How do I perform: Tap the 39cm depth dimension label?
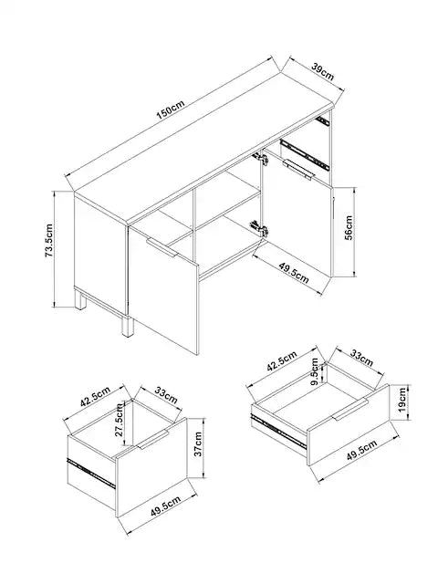click(322, 72)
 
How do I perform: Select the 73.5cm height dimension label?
click(49, 241)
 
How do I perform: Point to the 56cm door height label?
click(349, 227)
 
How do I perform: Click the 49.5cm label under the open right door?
click(294, 272)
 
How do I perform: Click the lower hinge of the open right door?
click(259, 227)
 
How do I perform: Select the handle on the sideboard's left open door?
click(162, 247)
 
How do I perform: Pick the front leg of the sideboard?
click(127, 327)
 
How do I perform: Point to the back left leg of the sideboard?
click(80, 300)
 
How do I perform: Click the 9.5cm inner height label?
click(315, 371)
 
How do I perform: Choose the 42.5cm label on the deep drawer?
click(95, 398)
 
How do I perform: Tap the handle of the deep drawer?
click(154, 440)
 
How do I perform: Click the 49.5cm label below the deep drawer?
click(166, 506)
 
